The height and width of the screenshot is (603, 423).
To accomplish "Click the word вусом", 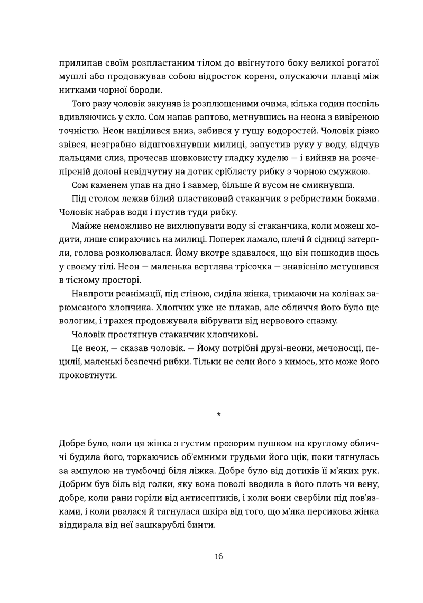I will click(x=258, y=186).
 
